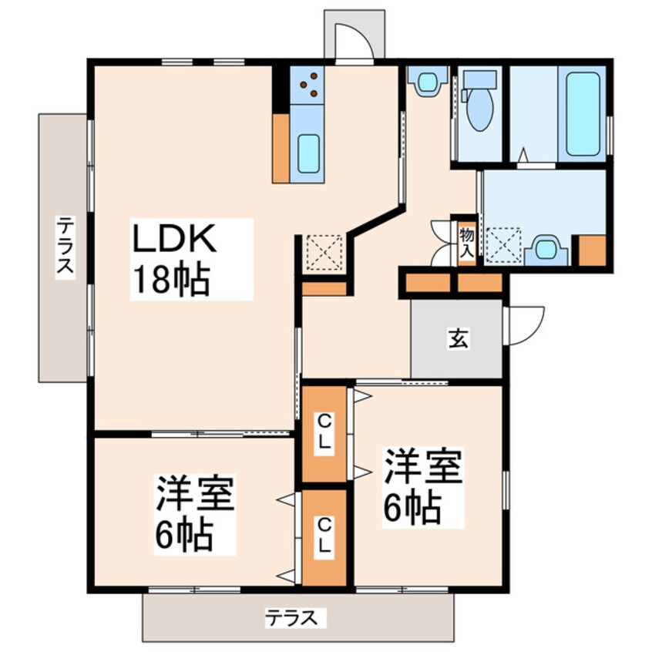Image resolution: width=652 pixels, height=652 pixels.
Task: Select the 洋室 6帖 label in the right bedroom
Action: [422, 487]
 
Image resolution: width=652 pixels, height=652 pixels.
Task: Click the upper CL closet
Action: [325, 435]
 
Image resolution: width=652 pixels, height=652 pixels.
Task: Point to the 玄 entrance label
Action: [458, 339]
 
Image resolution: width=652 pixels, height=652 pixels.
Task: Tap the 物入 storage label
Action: [466, 240]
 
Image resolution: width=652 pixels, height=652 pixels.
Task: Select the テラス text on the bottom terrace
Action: [292, 617]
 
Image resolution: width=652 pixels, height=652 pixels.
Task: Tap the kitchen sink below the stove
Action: [308, 153]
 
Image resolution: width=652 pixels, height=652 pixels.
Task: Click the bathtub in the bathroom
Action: [582, 114]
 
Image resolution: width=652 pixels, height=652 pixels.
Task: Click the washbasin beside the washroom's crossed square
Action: [546, 249]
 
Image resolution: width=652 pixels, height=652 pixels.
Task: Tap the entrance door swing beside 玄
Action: [523, 324]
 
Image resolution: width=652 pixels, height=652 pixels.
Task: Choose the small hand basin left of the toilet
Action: [425, 81]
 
